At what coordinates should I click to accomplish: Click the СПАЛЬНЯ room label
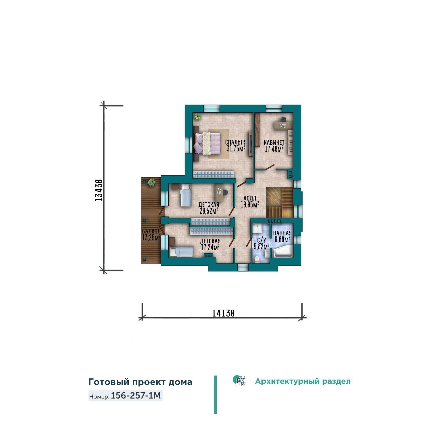click(236, 142)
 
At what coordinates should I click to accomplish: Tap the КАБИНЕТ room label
click(274, 143)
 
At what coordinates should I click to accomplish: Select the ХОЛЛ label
click(249, 198)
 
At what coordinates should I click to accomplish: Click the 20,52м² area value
click(209, 211)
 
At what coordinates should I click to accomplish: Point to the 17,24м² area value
click(210, 247)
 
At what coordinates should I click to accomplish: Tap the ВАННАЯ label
click(282, 233)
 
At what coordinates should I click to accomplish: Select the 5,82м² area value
click(261, 246)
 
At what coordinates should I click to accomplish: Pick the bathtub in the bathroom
click(282, 252)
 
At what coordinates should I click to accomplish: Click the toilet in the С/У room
click(257, 260)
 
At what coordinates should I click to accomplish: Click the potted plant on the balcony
click(151, 182)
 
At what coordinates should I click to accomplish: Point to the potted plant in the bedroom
click(197, 117)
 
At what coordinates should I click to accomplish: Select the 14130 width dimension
click(223, 313)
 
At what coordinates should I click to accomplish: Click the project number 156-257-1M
click(136, 396)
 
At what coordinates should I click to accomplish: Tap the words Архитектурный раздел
click(303, 382)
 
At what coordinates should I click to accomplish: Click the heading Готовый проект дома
click(140, 382)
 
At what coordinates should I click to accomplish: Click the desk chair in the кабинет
click(283, 119)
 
